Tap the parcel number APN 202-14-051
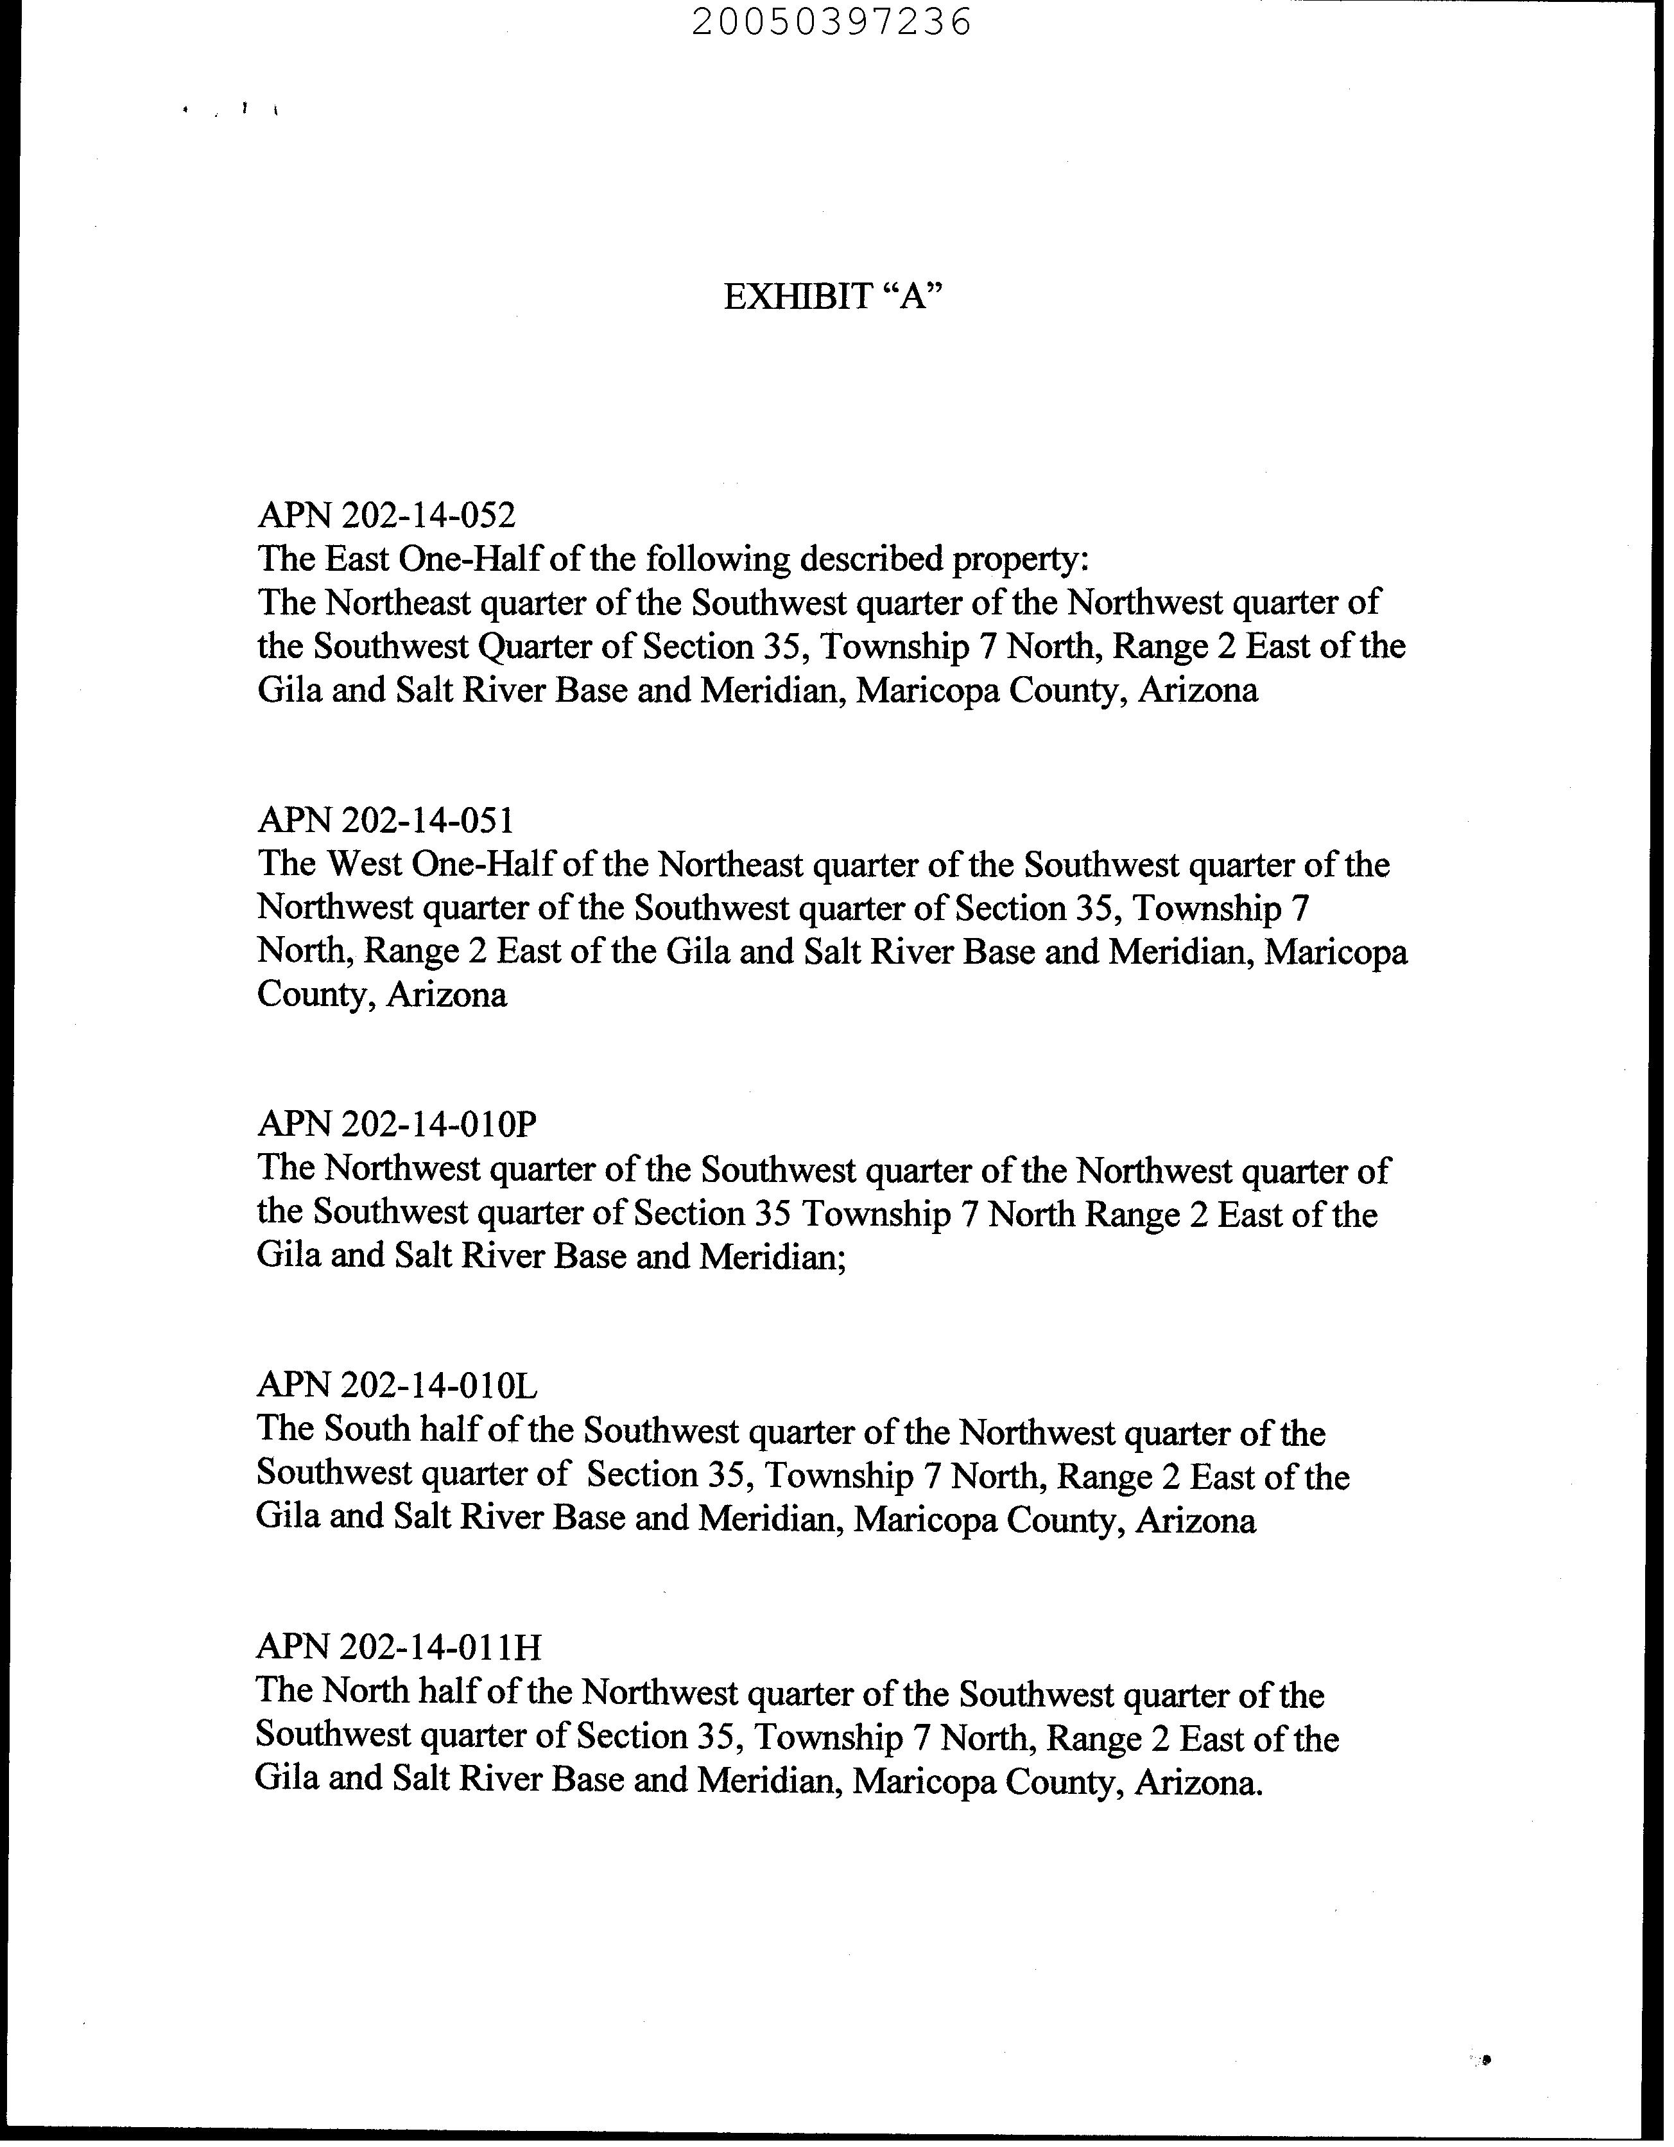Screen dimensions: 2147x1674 pos(385,820)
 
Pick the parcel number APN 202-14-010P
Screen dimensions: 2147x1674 pos(397,1123)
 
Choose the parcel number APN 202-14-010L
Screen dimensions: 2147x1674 pos(397,1385)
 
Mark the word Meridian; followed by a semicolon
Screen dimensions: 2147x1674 pos(773,1256)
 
